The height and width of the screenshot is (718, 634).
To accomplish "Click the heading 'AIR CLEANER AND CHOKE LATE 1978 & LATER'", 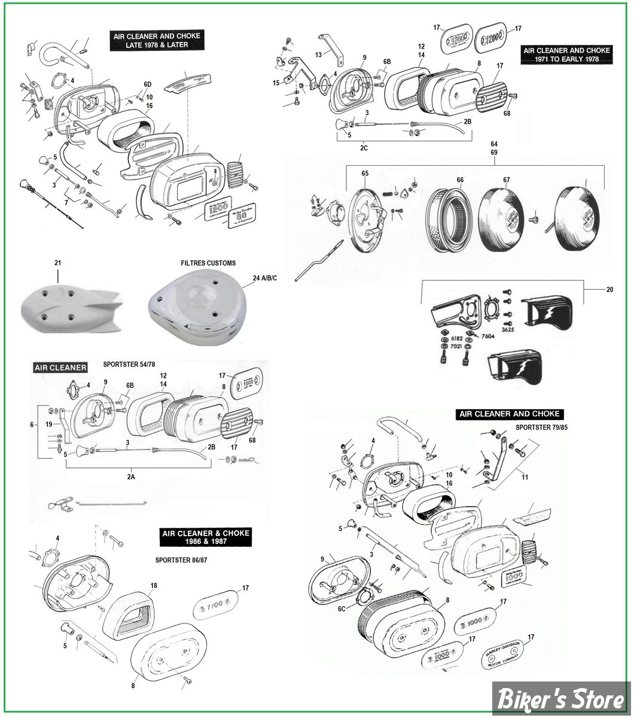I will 157,40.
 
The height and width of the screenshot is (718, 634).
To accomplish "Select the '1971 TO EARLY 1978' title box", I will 566,55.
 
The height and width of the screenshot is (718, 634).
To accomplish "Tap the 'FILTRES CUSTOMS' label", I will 208,263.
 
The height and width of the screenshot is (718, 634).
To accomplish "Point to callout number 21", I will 57,263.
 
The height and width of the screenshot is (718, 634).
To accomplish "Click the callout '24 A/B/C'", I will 265,278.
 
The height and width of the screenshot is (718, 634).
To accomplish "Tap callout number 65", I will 365,174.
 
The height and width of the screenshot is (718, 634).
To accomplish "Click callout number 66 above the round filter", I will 460,180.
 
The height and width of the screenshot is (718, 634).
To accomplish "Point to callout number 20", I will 609,290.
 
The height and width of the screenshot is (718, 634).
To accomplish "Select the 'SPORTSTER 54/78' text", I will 132,364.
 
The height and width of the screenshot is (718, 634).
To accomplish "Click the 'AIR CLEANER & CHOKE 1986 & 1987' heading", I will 205,537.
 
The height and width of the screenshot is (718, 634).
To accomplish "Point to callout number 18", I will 154,585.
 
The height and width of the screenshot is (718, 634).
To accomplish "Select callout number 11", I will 525,477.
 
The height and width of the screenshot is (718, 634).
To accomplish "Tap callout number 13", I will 319,54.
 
